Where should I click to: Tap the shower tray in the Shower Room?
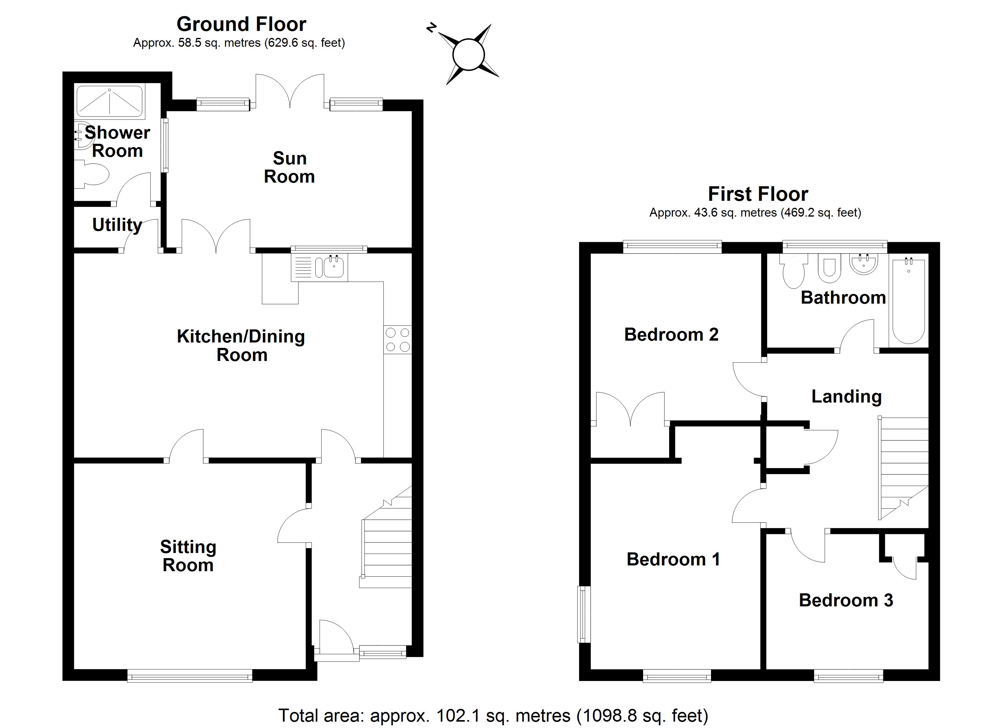click(110, 101)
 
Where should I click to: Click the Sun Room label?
click(289, 167)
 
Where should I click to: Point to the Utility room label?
click(117, 225)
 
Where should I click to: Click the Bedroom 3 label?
click(846, 600)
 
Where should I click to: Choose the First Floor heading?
click(758, 194)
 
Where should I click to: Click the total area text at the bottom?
click(493, 715)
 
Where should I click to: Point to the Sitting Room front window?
click(190, 676)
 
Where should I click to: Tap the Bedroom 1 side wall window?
click(584, 614)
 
